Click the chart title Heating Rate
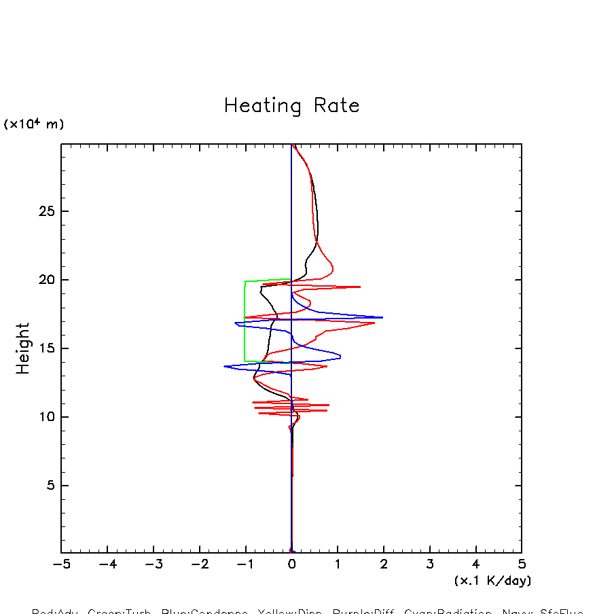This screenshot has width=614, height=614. pos(291,106)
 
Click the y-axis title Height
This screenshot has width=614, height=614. pos(23,348)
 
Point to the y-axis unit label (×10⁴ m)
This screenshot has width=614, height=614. pos(34,124)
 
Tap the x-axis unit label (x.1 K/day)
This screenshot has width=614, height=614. pos(492,581)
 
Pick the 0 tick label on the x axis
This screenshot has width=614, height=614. pos(291,564)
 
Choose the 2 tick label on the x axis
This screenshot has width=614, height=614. pos(384,564)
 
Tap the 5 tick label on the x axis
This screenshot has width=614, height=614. pos(522,564)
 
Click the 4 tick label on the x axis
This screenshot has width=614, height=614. pos(475,564)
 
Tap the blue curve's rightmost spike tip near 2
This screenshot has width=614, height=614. pos(382,317)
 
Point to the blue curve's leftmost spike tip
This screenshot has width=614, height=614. pos(225,367)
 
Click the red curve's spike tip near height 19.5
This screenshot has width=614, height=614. pos(359,287)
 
